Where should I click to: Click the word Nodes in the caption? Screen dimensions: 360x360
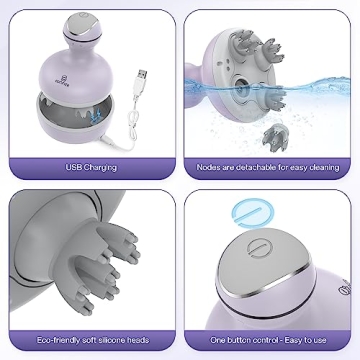[210, 166]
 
